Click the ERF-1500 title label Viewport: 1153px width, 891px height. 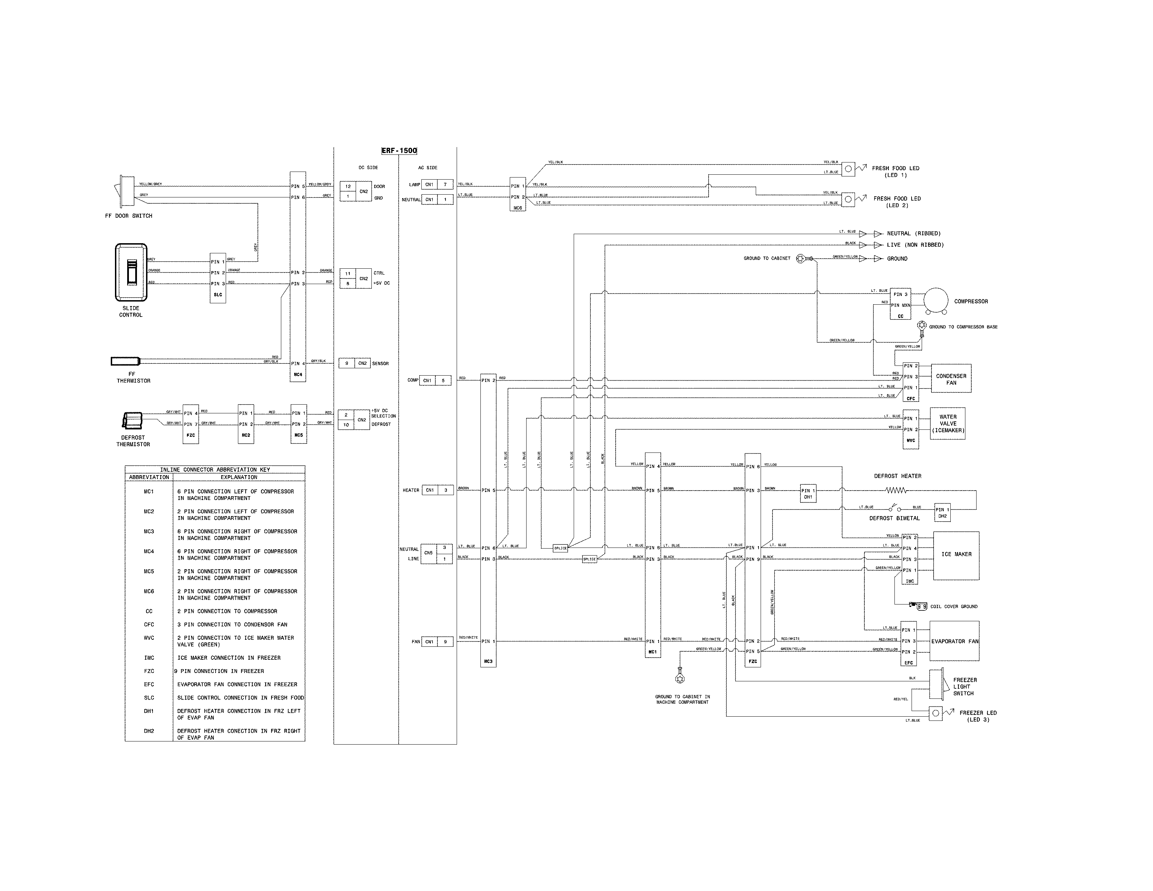tap(399, 151)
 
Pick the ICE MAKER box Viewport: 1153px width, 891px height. tap(956, 555)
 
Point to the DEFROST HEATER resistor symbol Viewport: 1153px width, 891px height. tap(896, 490)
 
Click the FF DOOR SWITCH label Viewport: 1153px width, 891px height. tap(129, 216)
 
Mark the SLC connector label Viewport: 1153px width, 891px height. tap(218, 295)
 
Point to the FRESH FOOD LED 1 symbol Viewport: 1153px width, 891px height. tap(848, 169)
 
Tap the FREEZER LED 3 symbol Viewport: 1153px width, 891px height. tap(935, 713)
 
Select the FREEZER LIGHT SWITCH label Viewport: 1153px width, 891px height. tap(965, 687)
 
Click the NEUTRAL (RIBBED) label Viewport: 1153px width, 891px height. tap(913, 233)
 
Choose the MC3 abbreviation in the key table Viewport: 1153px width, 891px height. tap(149, 531)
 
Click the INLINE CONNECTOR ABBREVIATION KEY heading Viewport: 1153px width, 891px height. tap(215, 470)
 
